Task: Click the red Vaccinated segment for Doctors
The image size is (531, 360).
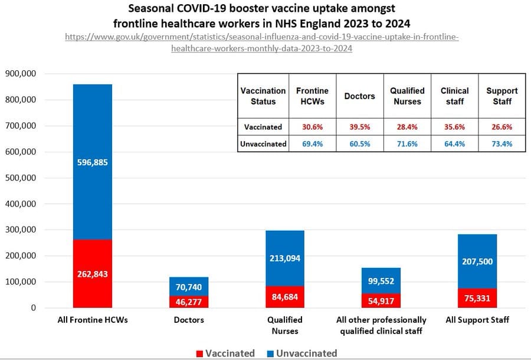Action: click(x=189, y=301)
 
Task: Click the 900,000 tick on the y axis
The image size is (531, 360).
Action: click(x=20, y=74)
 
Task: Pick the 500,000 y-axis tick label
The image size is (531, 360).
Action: click(x=20, y=178)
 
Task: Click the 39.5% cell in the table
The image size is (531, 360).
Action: click(x=360, y=126)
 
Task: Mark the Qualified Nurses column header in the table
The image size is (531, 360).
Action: click(x=407, y=96)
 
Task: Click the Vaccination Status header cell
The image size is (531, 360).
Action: click(x=263, y=96)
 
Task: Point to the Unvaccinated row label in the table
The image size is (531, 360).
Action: click(x=263, y=143)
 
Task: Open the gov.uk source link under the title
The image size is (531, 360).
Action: click(x=261, y=43)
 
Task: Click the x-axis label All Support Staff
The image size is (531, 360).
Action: click(x=478, y=320)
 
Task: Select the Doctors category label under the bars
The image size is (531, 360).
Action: click(x=189, y=320)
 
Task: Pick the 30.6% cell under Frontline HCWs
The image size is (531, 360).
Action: click(x=313, y=126)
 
